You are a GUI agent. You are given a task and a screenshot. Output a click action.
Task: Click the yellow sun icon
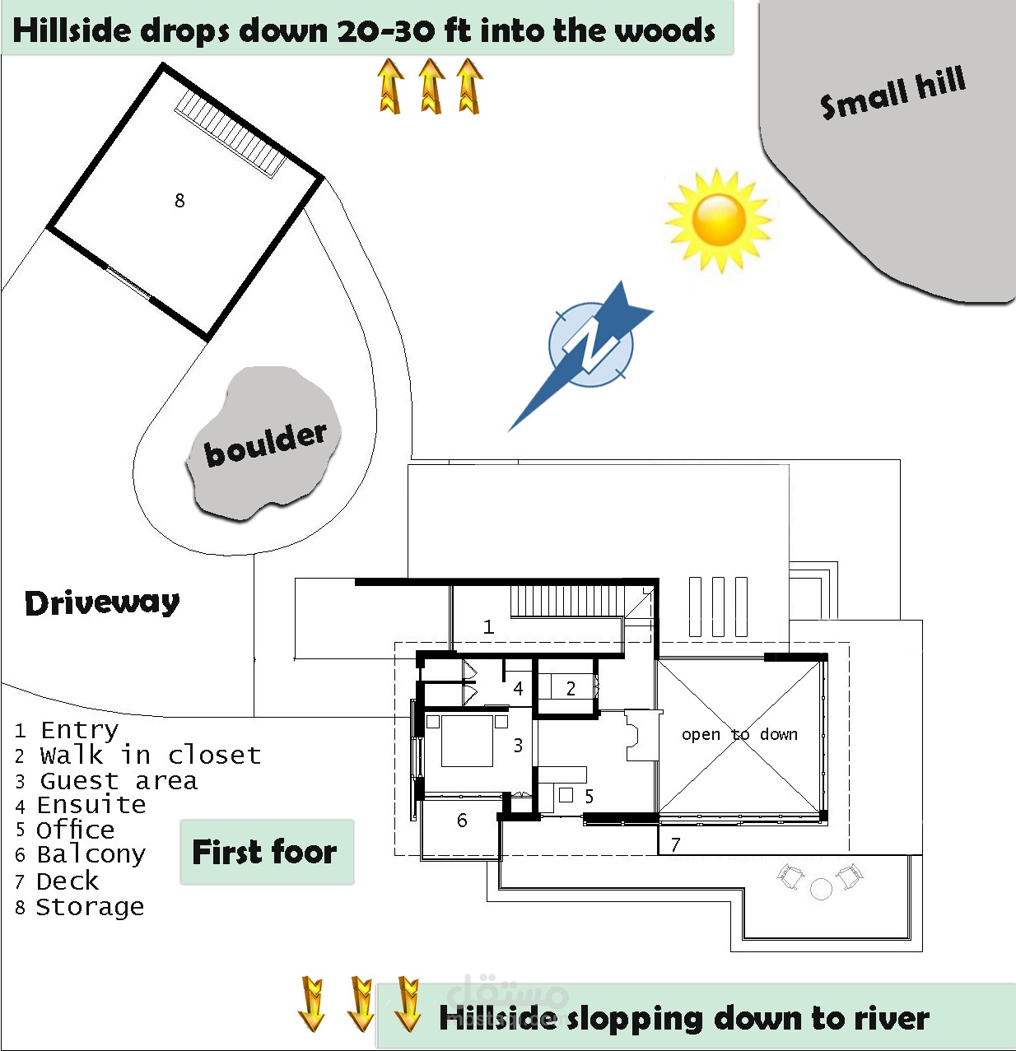(719, 220)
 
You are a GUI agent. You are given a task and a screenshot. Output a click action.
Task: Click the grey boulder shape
(263, 444)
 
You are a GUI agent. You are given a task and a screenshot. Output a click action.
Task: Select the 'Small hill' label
(892, 92)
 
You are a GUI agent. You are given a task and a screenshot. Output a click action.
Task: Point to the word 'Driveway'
(102, 603)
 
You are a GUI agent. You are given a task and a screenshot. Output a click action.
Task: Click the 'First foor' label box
(266, 852)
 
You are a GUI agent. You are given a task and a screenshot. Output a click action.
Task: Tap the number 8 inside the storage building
(179, 200)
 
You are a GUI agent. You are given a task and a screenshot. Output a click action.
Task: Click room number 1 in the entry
(488, 627)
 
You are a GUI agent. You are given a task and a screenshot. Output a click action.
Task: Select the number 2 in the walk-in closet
(571, 688)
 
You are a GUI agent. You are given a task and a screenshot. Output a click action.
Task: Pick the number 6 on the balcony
(462, 821)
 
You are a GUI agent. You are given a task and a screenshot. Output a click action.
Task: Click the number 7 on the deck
(675, 844)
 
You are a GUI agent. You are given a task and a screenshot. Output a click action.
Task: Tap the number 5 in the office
(589, 796)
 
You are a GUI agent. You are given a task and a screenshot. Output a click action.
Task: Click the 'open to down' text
(739, 734)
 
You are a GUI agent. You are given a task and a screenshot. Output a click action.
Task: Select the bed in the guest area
(467, 741)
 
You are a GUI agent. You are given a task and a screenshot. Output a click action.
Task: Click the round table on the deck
(821, 889)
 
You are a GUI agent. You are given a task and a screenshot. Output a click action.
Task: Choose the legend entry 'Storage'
(91, 907)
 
